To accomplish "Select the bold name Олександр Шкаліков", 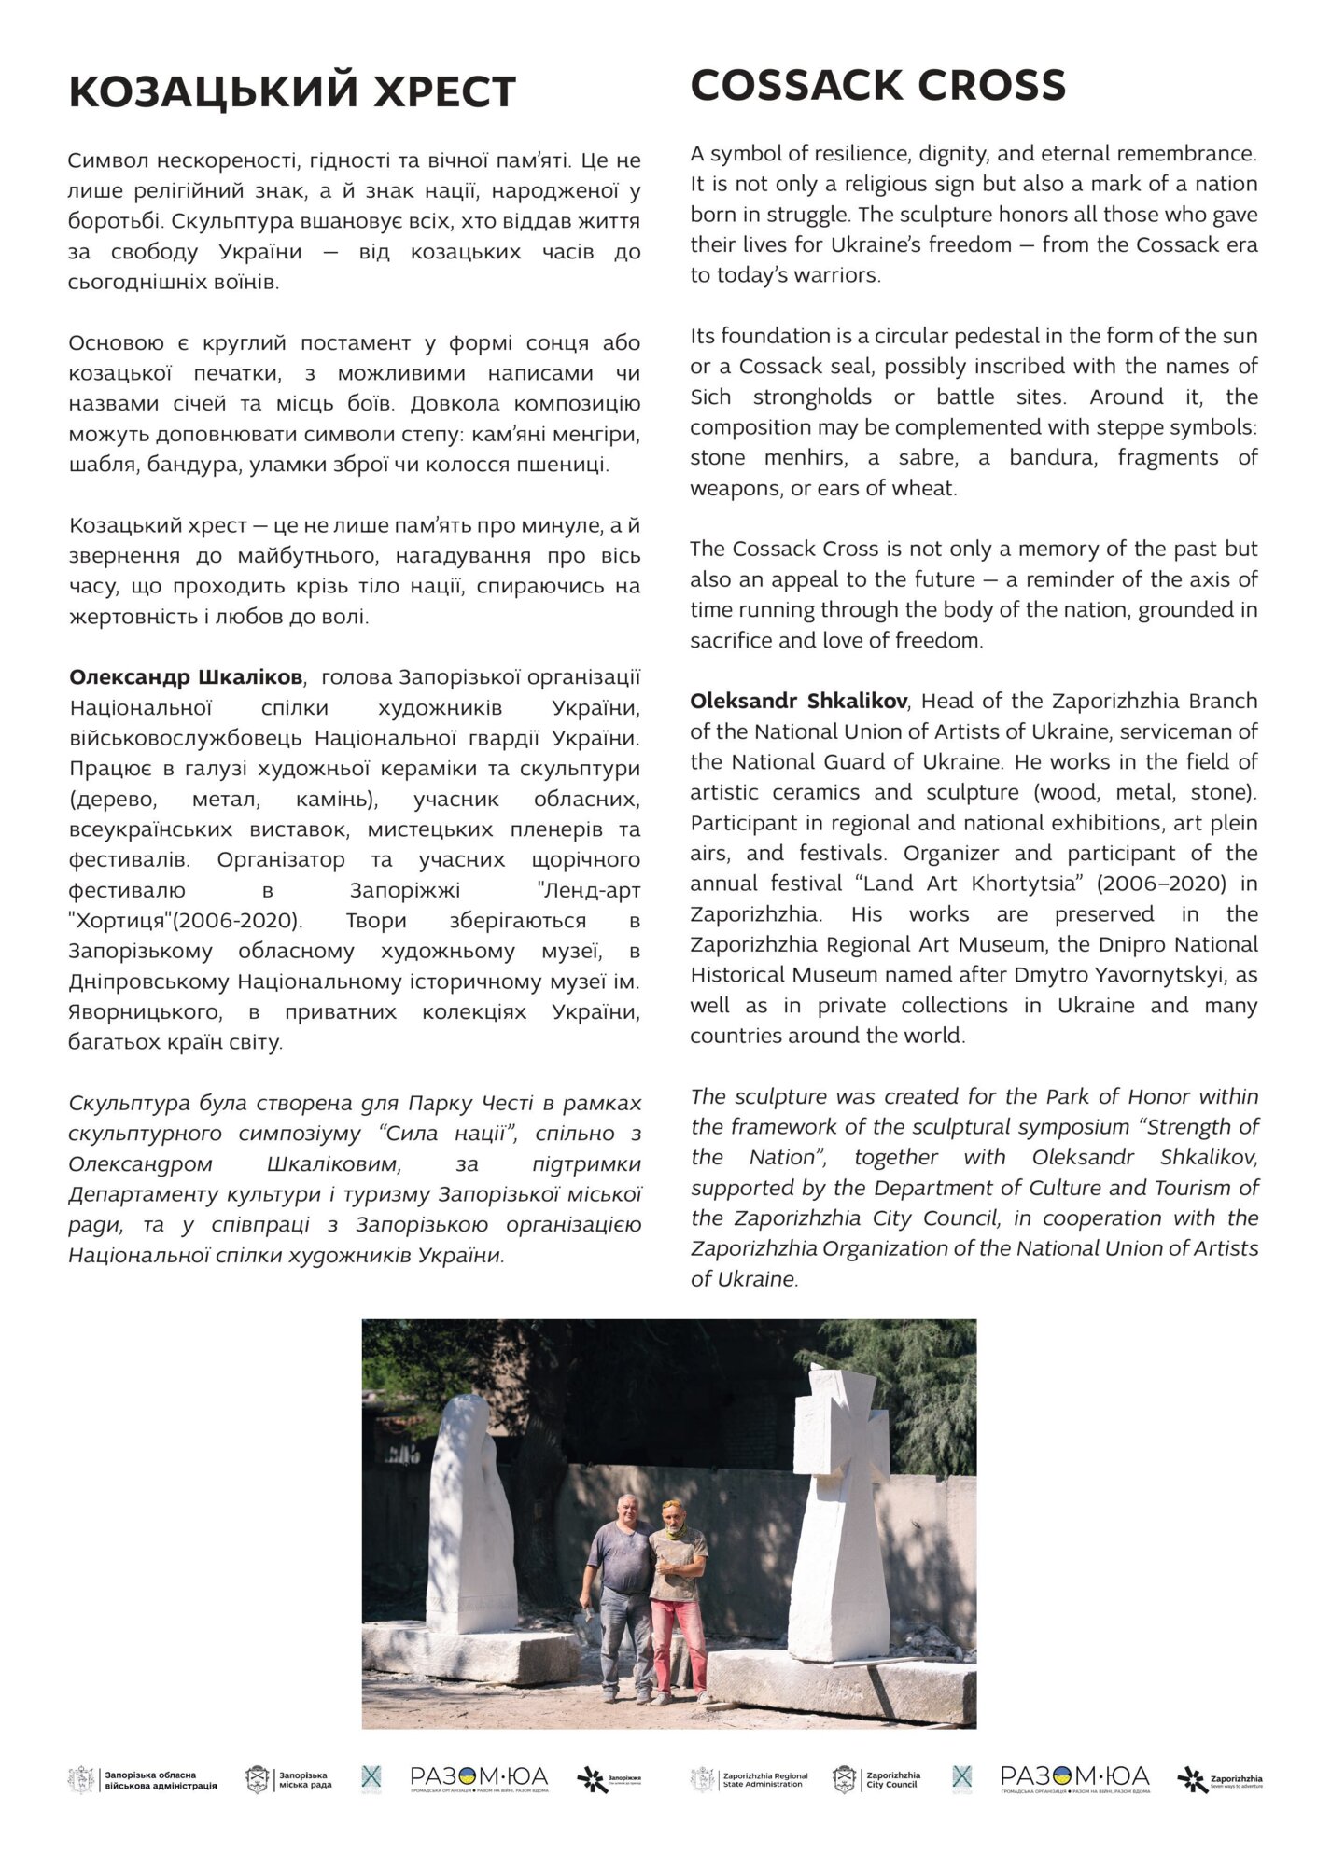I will (x=186, y=677).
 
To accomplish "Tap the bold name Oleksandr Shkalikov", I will (x=798, y=701).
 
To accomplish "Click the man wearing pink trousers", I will (x=678, y=1596).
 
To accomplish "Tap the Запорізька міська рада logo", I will (x=288, y=1780).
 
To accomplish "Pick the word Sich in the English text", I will (x=710, y=397).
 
